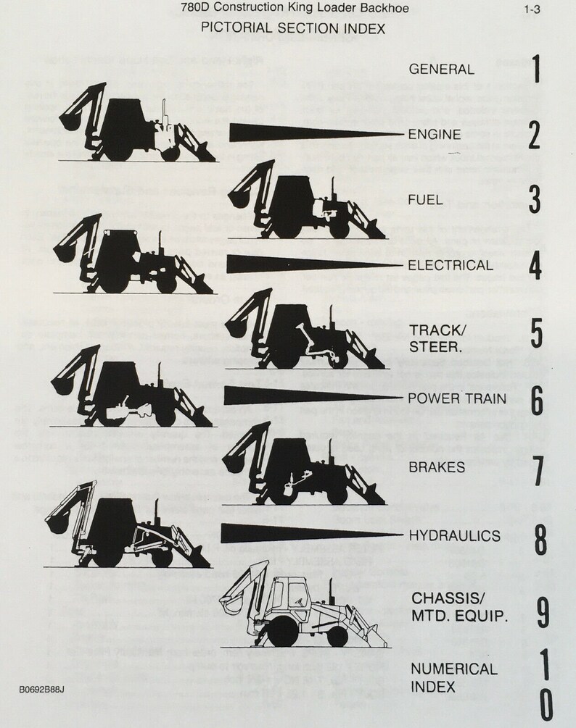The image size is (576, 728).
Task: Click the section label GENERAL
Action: pos(442,70)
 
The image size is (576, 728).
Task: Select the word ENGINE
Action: pos(435,134)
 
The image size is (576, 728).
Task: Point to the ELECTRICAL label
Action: pos(450,265)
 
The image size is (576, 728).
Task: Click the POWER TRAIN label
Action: pos(454,398)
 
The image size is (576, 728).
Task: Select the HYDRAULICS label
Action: pos(454,535)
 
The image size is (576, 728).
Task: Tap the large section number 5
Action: pos(536,332)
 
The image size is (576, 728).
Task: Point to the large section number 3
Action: pos(535,200)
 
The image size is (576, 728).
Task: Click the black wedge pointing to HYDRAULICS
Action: pos(312,533)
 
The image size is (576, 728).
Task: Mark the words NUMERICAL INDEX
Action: pos(453,677)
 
